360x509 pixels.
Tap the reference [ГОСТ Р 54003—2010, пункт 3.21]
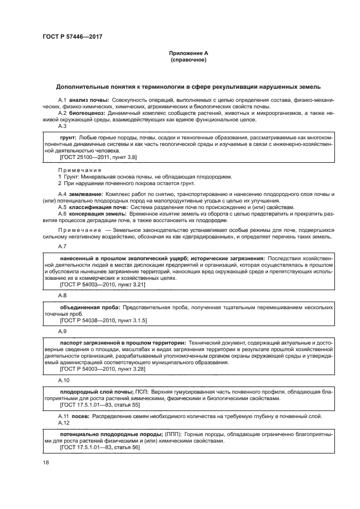[x=95, y=284]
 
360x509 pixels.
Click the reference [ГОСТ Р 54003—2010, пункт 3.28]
[x=95, y=369]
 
